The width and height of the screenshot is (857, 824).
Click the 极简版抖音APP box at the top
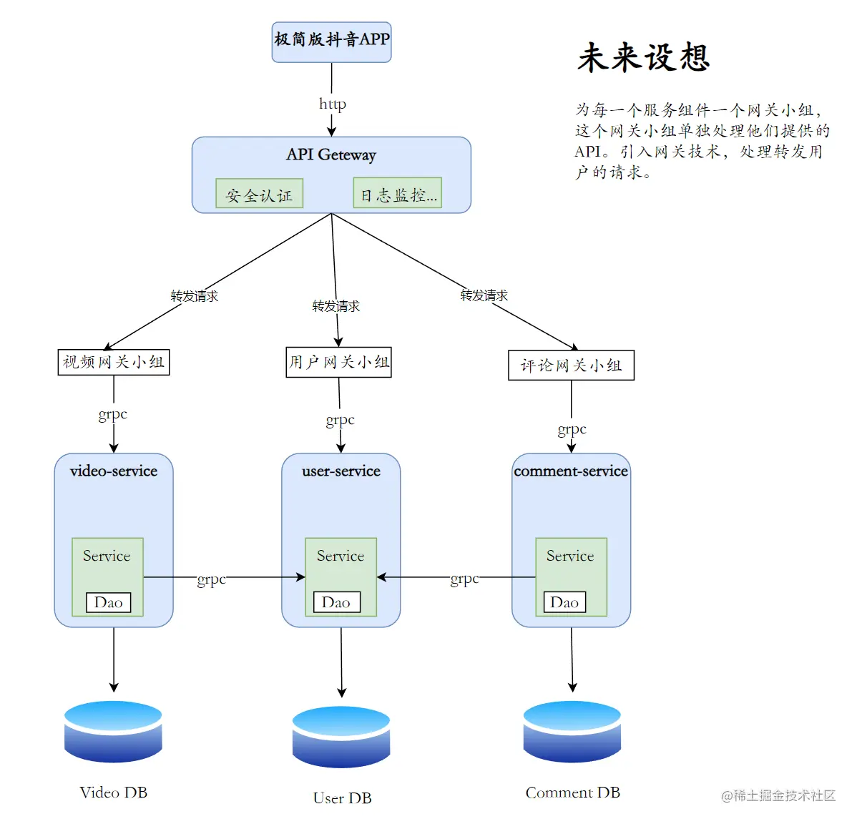coord(331,41)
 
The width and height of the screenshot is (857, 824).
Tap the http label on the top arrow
coord(333,104)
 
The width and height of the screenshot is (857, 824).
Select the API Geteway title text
coord(331,154)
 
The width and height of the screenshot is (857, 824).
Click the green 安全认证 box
coord(259,194)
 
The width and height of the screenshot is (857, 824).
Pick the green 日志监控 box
coord(398,194)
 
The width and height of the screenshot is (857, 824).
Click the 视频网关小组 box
coord(113,362)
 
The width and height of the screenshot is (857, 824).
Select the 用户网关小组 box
coord(338,362)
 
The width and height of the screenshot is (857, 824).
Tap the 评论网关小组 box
coord(571,366)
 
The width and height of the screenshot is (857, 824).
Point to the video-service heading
coord(114,471)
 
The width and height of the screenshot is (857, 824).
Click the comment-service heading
coord(571,471)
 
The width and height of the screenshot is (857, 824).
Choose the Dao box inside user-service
coord(336,602)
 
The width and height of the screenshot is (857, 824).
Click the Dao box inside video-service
coord(108,602)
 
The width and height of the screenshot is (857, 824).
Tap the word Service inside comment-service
coord(570,556)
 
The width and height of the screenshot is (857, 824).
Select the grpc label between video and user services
coord(211,579)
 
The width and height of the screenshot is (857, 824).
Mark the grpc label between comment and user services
coord(464,579)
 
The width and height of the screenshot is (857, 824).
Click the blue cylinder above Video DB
coord(113,731)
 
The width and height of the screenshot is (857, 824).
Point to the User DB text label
coord(342,798)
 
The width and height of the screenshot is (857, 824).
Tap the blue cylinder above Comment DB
coord(572,731)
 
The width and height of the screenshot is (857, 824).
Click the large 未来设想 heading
coord(643,57)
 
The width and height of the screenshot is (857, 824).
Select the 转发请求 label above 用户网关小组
coord(336,306)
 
